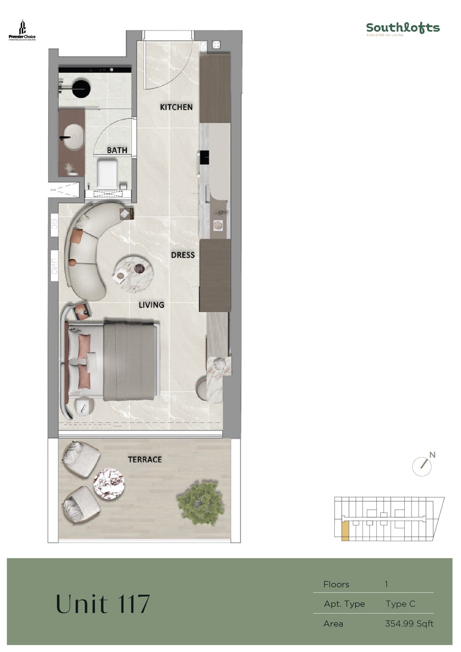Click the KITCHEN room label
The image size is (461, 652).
pyautogui.click(x=176, y=107)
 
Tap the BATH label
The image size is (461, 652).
pyautogui.click(x=117, y=150)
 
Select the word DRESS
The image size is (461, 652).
pyautogui.click(x=183, y=255)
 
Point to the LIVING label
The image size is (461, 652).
pyautogui.click(x=151, y=305)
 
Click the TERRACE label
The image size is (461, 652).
pyautogui.click(x=145, y=459)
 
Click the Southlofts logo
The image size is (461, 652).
pyautogui.click(x=403, y=29)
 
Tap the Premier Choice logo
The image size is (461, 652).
pyautogui.click(x=22, y=30)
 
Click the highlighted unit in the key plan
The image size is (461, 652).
pyautogui.click(x=345, y=531)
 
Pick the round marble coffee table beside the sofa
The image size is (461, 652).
pyautogui.click(x=133, y=273)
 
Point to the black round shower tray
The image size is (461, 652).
pyautogui.click(x=81, y=89)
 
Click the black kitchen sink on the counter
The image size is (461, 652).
pyautogui.click(x=205, y=157)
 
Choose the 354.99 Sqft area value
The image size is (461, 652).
pyautogui.click(x=409, y=624)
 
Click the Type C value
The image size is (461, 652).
pyautogui.click(x=400, y=604)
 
